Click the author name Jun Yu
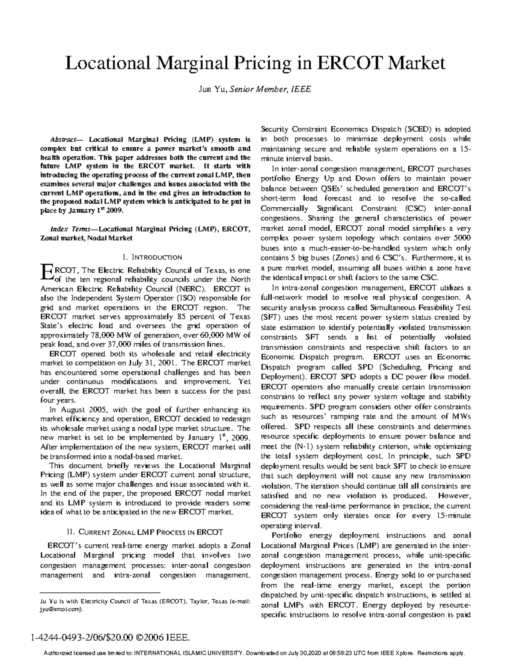(x=212, y=89)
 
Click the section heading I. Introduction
(x=152, y=257)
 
